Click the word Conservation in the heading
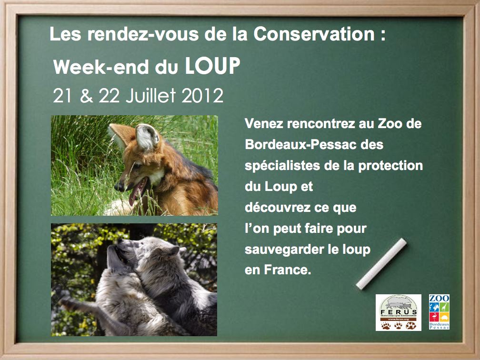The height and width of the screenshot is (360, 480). click(314, 34)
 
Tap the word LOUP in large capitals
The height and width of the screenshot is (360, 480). click(212, 66)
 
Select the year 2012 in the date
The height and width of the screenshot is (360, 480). click(202, 96)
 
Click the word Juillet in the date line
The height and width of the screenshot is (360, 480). click(150, 96)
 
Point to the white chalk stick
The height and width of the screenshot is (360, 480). click(381, 264)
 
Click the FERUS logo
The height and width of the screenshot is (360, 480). click(398, 312)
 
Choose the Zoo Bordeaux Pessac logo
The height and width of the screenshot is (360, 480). click(439, 312)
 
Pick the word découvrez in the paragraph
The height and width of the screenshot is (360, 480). click(277, 208)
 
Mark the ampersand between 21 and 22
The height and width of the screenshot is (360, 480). click(86, 96)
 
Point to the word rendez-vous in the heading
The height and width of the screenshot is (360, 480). click(143, 34)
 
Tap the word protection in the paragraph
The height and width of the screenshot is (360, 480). click(390, 166)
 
